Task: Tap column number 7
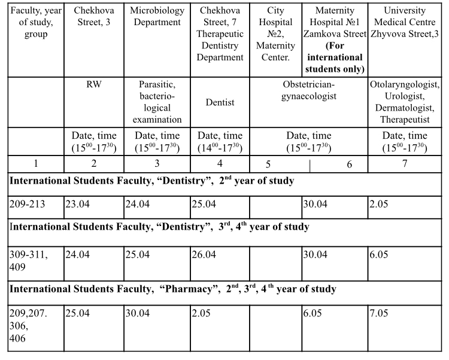405,163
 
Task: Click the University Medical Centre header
405,22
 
